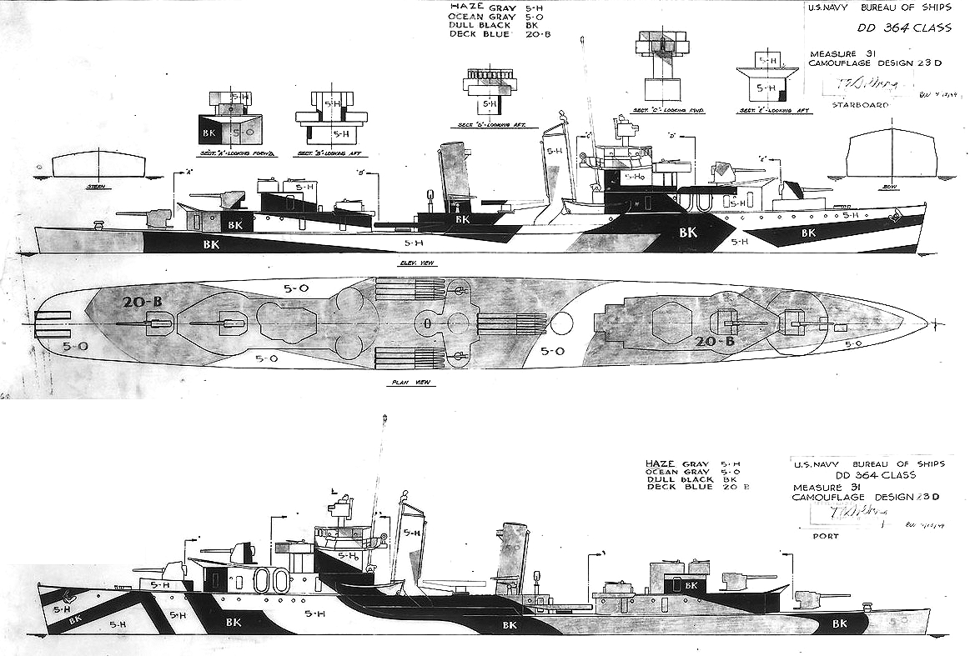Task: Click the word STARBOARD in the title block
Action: point(859,106)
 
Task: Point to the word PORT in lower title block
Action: point(825,537)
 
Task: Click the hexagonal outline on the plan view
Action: point(671,323)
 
